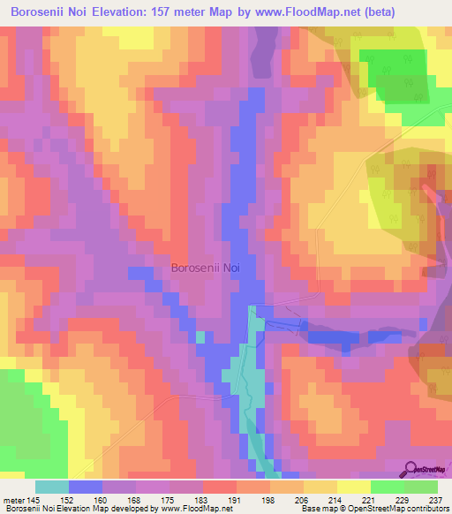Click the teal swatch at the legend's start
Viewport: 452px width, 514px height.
[x=52, y=487]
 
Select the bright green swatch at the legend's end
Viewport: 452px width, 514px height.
[x=421, y=487]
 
